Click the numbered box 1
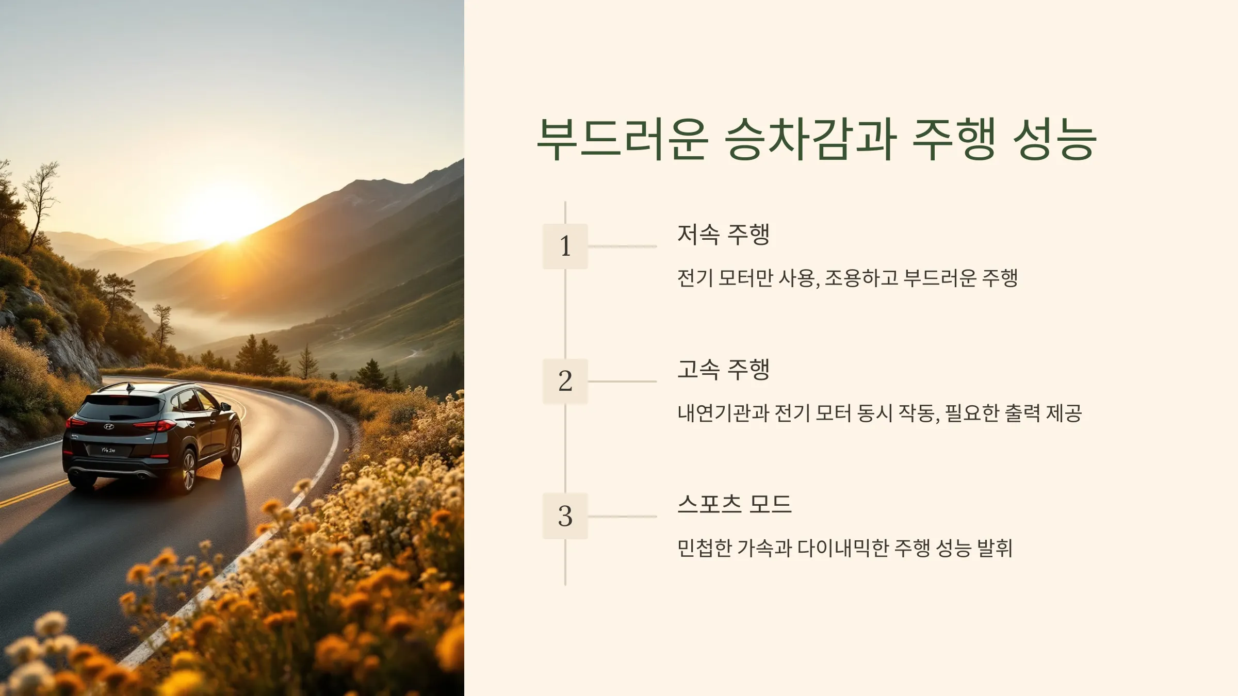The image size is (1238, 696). coord(565,246)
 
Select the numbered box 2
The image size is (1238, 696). coord(565,381)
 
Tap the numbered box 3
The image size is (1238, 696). coord(565,516)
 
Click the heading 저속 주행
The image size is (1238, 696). coord(723,235)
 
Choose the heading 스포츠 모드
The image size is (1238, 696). coord(734,504)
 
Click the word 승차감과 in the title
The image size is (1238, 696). coord(810,139)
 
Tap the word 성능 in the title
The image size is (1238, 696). coord(1054,139)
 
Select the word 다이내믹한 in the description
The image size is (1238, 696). coord(843,548)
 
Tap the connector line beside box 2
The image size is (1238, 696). coord(622,382)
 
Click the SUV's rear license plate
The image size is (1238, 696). coord(108,450)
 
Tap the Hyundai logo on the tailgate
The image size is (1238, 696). coord(109,426)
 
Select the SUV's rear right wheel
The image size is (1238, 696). coord(188,470)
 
